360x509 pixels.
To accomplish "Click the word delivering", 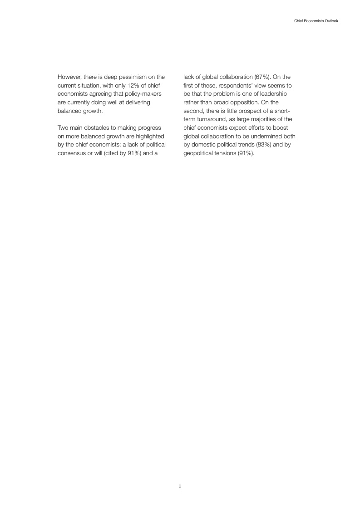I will (x=133, y=103).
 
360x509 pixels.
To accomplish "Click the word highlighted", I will (x=148, y=136).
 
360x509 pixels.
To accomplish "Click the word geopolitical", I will (x=199, y=153).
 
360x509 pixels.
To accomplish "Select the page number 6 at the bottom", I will (x=180, y=486).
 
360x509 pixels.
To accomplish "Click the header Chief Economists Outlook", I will (x=313, y=21).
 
